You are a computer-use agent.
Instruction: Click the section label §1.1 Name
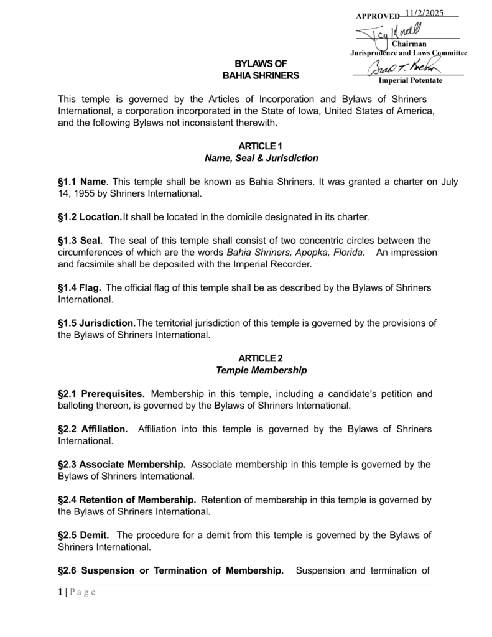[82, 182]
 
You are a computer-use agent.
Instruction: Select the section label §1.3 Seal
[80, 241]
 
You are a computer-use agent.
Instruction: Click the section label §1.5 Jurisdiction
[96, 323]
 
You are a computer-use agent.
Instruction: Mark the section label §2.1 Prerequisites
[101, 394]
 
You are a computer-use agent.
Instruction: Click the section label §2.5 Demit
[83, 535]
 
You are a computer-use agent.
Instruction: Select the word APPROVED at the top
[378, 16]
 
